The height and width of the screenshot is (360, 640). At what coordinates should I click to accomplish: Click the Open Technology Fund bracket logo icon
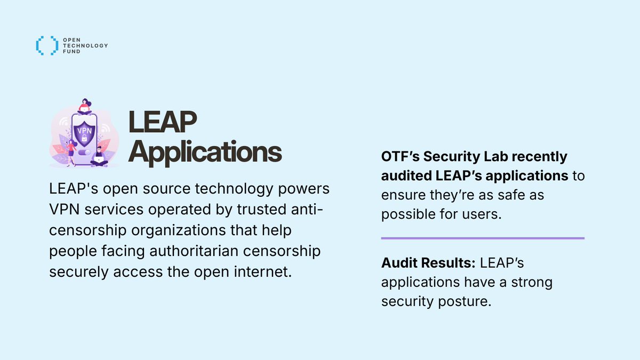[x=46, y=45]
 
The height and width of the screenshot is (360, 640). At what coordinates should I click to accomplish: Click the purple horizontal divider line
[x=483, y=238]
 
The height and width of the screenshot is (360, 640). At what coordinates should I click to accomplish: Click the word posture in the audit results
[x=465, y=301]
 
